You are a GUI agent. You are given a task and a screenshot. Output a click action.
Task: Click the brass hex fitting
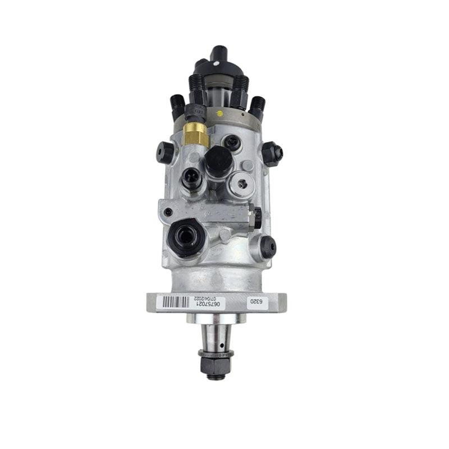[196, 133]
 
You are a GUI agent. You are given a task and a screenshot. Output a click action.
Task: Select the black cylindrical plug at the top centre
[218, 159]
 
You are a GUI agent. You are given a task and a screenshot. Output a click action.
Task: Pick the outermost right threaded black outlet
[258, 105]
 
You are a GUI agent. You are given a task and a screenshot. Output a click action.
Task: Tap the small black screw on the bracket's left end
[168, 212]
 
